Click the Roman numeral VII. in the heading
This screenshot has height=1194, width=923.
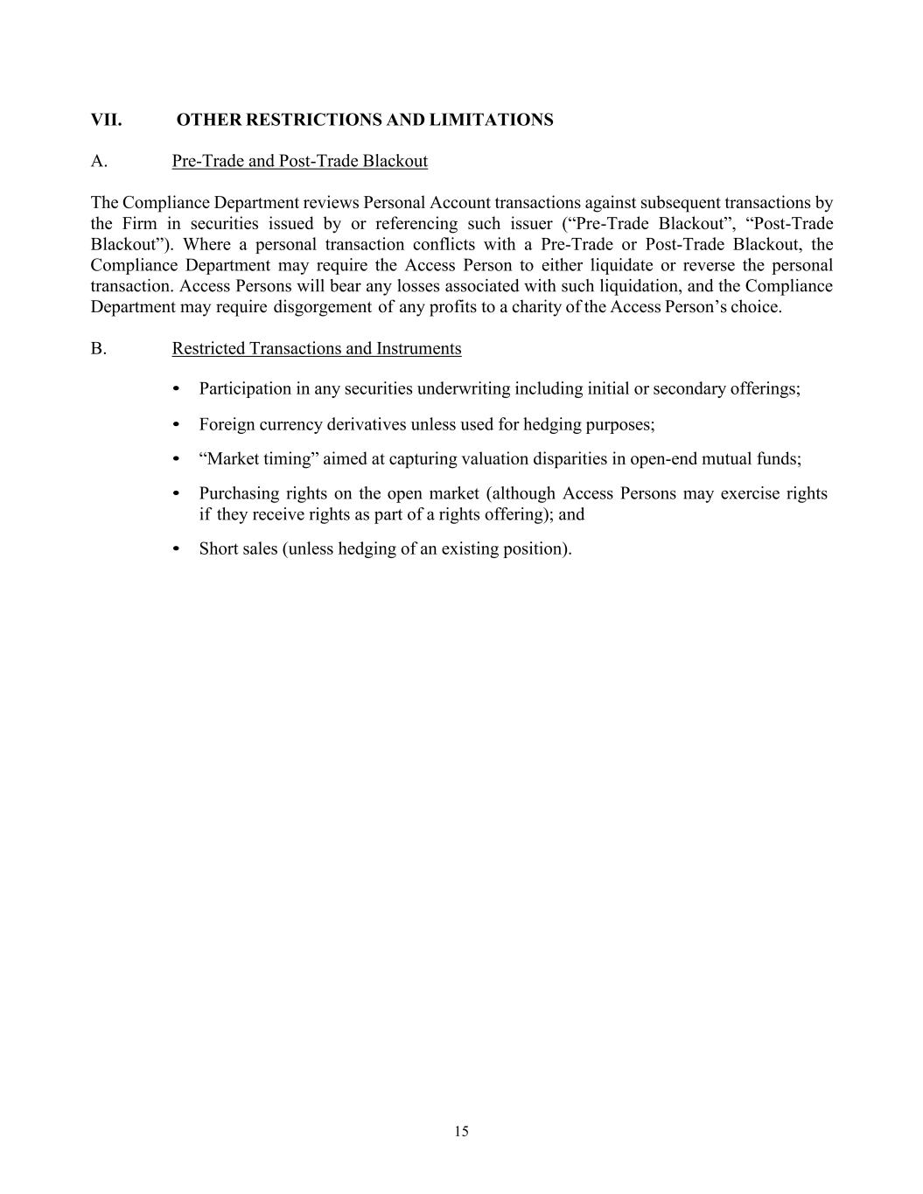106,120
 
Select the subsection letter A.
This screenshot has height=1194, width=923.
99,161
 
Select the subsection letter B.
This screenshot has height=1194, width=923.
99,348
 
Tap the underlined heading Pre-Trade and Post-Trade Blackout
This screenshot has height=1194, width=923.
299,161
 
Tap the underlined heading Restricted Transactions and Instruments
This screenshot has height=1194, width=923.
316,348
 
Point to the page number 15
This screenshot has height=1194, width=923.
461,1131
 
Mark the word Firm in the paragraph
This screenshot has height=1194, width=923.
139,223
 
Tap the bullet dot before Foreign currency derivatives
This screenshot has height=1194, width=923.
177,424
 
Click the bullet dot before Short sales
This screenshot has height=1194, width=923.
177,548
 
